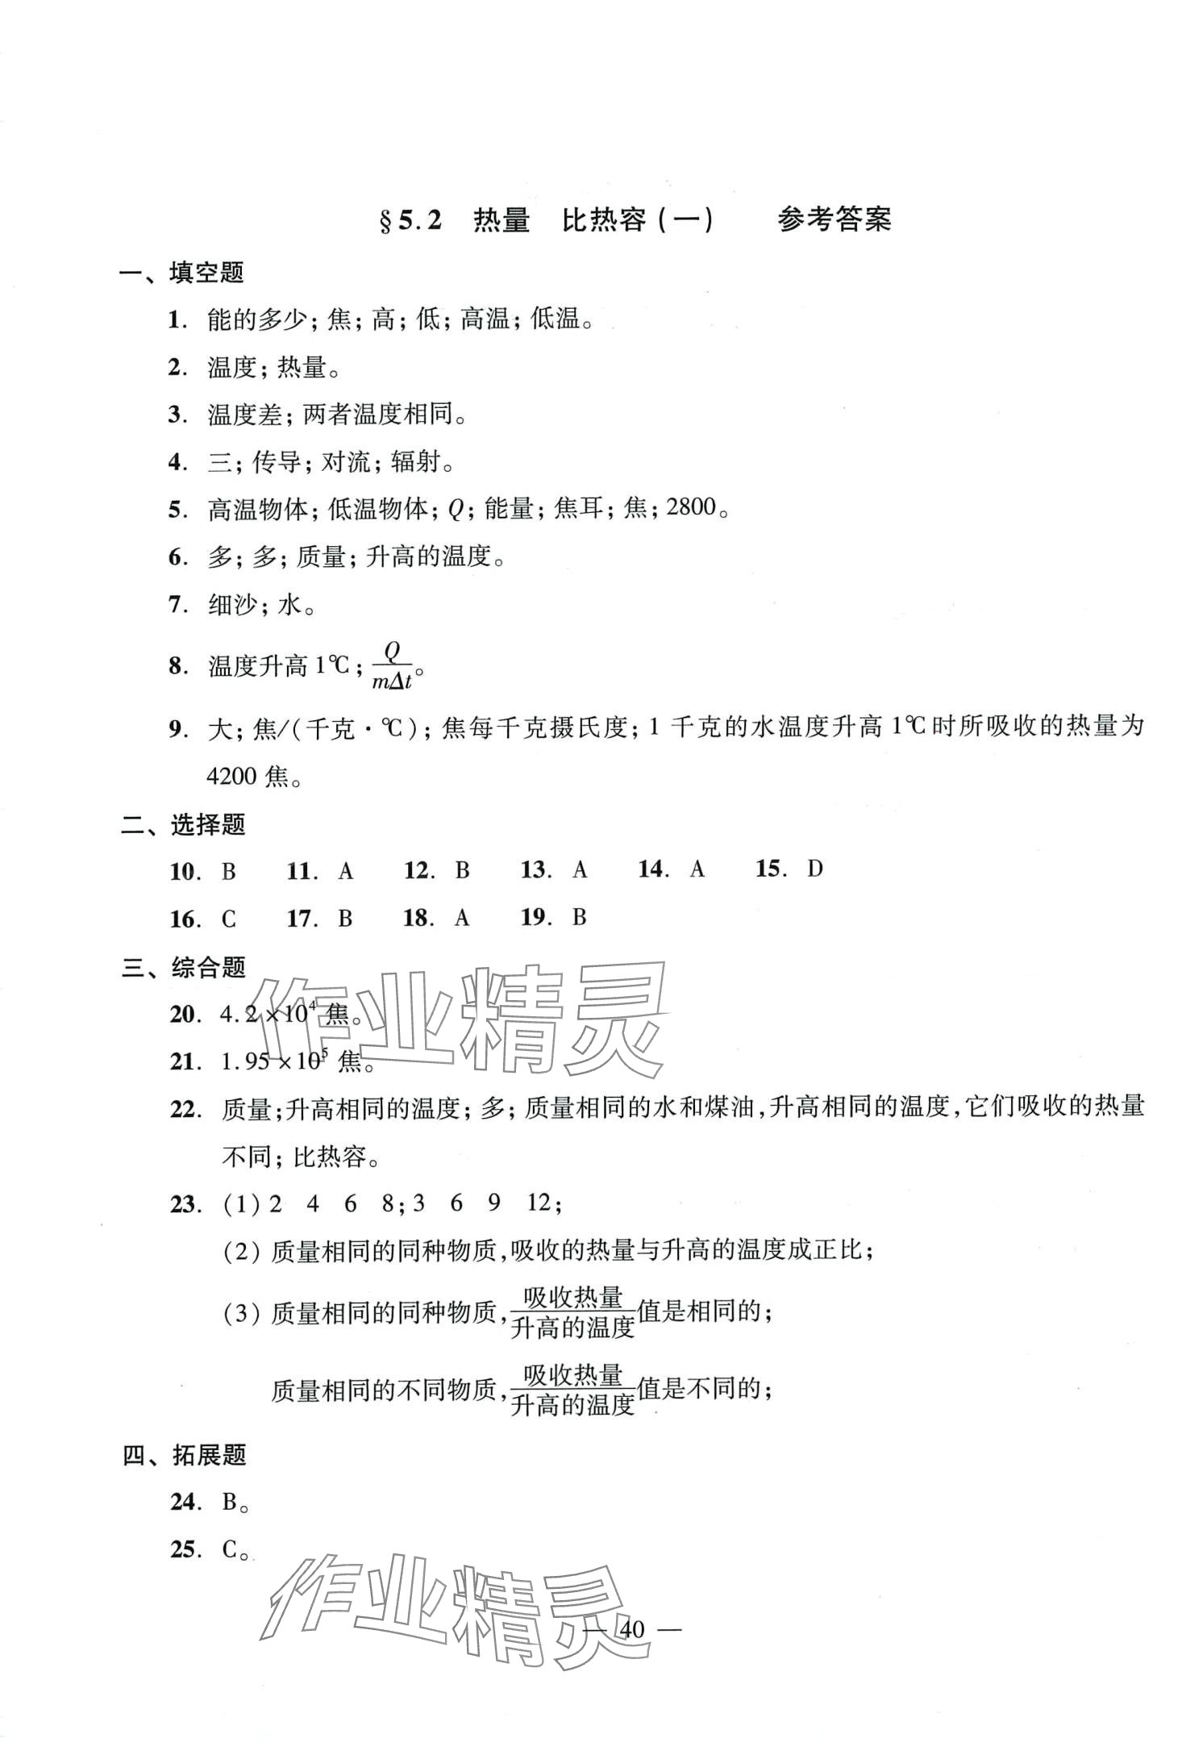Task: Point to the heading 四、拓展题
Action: pos(184,1456)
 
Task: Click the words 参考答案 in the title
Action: pos(834,219)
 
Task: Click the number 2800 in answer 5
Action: pos(691,508)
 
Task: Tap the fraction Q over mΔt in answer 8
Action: pos(393,665)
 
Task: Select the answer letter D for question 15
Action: pos(815,869)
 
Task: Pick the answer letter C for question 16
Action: pos(229,919)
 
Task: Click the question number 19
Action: pos(535,917)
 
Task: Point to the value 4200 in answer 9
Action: pos(231,777)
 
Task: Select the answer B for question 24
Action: pos(231,1502)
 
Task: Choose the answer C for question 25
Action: pos(231,1549)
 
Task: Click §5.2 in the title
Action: pos(410,220)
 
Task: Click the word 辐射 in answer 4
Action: pos(415,462)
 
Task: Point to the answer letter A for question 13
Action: pos(580,869)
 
